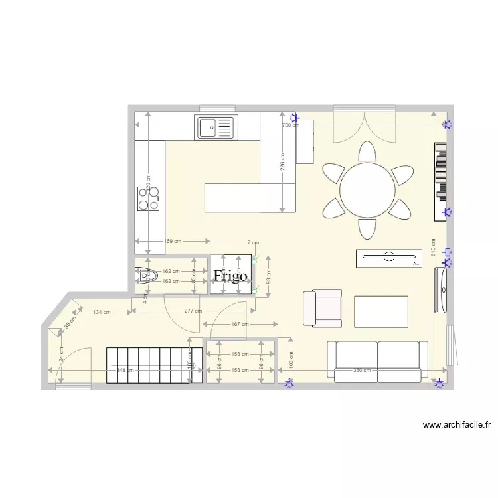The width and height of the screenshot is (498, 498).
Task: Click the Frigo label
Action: (x=230, y=276)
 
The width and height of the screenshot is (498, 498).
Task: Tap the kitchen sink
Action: (x=215, y=127)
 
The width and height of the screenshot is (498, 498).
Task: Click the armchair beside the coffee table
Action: (x=322, y=308)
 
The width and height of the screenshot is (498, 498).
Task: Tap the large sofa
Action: (x=377, y=362)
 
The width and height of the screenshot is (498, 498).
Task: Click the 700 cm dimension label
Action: (x=290, y=125)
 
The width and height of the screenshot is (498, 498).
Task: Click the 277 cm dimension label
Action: (x=194, y=311)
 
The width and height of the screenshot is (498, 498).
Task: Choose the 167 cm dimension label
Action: (x=240, y=325)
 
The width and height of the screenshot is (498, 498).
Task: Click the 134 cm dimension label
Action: (x=102, y=312)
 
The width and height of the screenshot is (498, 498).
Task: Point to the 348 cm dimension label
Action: (x=124, y=370)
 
